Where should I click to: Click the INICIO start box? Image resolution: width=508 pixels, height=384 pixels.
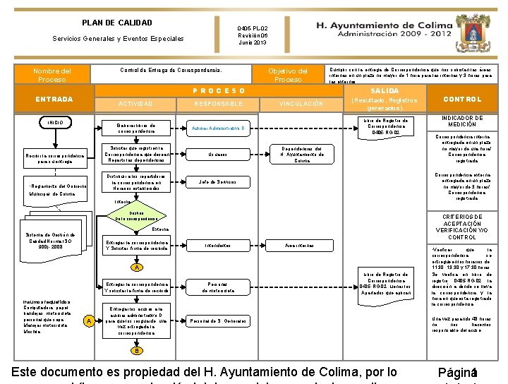(x=56, y=124)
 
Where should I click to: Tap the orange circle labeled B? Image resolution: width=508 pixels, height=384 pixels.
(x=139, y=350)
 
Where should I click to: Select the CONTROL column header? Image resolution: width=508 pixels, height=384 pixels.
(x=463, y=100)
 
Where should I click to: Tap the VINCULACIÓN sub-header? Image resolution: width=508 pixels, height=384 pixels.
(x=301, y=104)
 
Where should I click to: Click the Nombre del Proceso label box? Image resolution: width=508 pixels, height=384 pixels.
(x=52, y=75)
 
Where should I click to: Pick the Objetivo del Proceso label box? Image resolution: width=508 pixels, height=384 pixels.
(x=288, y=75)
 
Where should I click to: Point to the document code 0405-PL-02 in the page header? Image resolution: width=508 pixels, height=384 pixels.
(x=253, y=29)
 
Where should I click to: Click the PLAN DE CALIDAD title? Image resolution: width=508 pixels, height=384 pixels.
(x=117, y=23)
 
